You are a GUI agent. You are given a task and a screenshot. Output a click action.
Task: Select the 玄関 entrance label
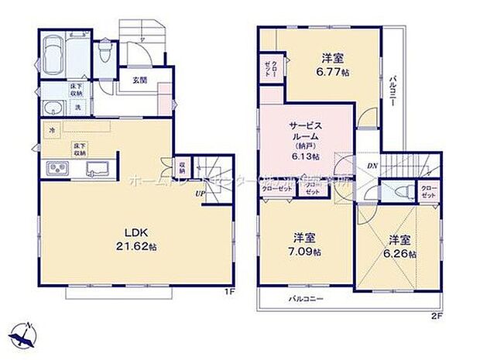(139, 80)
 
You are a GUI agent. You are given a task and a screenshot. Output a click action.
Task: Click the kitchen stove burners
(58, 168)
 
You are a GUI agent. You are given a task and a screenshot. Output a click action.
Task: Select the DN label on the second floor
(371, 165)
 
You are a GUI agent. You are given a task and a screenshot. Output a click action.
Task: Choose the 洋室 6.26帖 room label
(400, 246)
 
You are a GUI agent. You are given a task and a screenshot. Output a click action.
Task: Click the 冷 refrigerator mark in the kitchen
(52, 131)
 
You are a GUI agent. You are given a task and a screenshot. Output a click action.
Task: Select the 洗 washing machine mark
(78, 107)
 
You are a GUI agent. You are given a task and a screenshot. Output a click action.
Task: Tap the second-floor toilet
(397, 191)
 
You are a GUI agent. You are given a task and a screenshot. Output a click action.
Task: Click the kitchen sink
(98, 167)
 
